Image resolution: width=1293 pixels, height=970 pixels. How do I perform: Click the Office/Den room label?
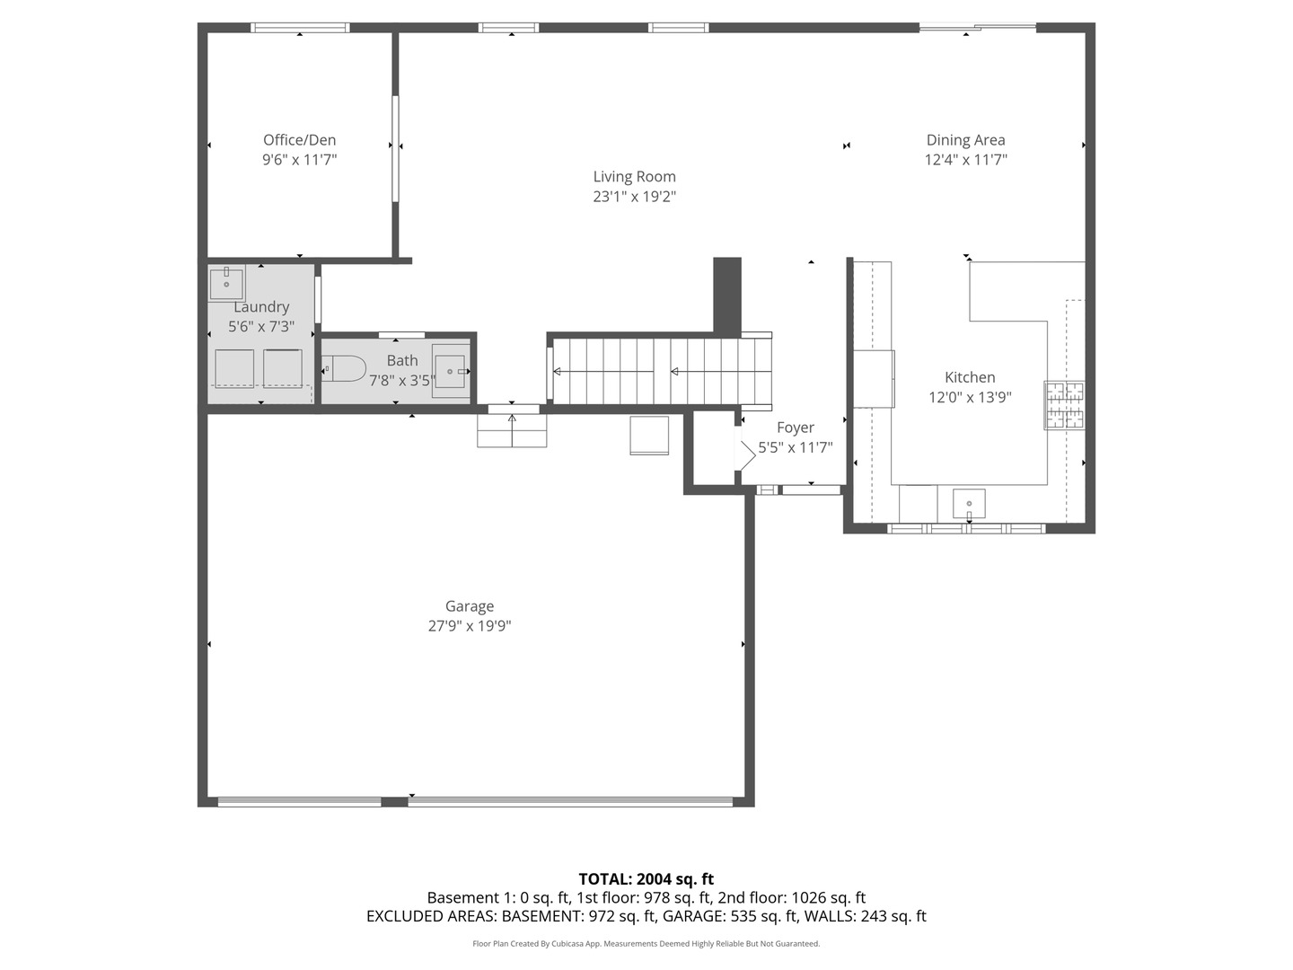pos(299,140)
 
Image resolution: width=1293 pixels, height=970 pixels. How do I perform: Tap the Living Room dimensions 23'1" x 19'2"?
pos(634,197)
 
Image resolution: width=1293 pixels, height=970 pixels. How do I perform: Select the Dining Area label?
pos(965,140)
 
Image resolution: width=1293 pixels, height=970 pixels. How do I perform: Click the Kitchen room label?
pos(970,377)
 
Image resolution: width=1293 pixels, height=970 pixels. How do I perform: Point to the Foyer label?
pos(796,428)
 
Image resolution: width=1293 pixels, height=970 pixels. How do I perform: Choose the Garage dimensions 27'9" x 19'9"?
pos(470,626)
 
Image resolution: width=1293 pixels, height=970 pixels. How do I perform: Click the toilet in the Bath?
pos(343,368)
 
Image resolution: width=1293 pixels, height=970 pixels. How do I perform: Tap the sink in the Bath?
pos(452,371)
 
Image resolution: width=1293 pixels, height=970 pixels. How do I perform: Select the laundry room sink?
pos(226,283)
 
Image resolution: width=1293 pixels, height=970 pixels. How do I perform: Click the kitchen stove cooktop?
pos(1064,405)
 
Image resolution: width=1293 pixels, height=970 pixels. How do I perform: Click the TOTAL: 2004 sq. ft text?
pos(646,879)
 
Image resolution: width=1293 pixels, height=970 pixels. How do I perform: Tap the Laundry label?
pos(261,307)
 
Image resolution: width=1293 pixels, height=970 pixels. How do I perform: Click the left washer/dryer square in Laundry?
pos(234,368)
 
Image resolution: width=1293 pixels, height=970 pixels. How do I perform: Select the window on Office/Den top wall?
pos(300,28)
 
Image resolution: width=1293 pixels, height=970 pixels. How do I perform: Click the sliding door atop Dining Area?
pos(978,27)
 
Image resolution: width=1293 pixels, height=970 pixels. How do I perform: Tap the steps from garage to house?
pos(512,430)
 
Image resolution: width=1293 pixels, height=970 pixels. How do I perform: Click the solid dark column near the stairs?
pos(727,295)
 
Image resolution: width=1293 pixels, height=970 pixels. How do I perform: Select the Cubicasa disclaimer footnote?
pos(646,943)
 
